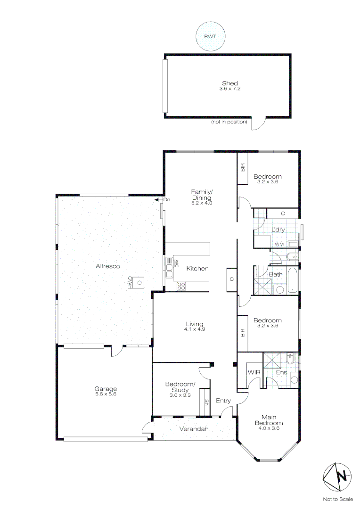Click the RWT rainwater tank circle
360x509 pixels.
click(211, 36)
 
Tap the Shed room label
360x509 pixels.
click(230, 83)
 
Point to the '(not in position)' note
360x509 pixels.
click(229, 122)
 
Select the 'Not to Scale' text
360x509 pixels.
click(338, 499)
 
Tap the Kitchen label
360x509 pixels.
click(197, 269)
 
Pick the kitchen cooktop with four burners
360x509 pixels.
click(182, 285)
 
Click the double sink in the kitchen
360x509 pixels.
click(169, 269)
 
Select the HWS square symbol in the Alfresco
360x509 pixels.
click(139, 283)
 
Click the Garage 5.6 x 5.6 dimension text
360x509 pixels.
click(105, 394)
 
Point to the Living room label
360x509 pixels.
click(194, 324)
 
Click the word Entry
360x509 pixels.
click(223, 401)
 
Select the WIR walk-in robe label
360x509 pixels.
click(254, 372)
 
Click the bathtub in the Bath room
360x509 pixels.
click(293, 281)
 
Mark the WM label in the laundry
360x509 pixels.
click(279, 244)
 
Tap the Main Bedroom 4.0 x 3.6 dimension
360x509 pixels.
click(270, 427)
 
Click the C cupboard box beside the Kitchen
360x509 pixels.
click(232, 279)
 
